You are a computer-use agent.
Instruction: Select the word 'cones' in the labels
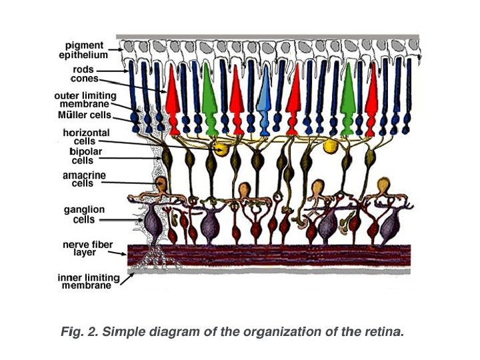coord(85,79)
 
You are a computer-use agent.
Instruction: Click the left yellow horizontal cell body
coord(218,147)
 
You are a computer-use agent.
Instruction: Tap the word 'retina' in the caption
coord(385,332)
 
